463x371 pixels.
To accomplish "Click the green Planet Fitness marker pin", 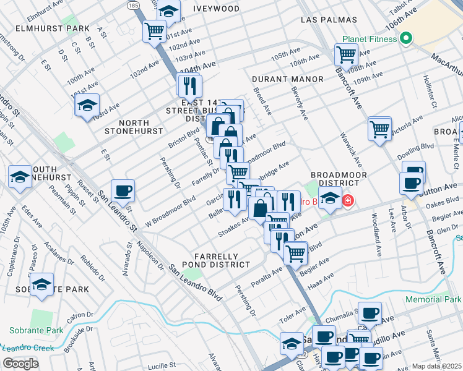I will [406, 38].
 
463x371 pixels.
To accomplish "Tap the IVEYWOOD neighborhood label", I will [216, 9].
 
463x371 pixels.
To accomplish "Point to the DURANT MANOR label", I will [288, 79].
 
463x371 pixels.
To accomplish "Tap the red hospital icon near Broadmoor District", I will [348, 201].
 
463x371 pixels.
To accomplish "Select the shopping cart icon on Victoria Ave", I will [379, 128].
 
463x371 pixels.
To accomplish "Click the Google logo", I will [20, 364].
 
